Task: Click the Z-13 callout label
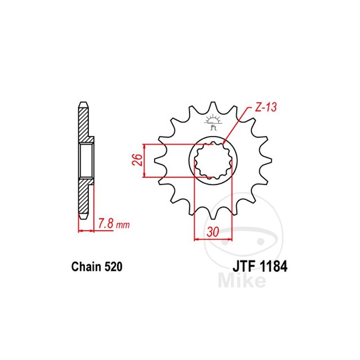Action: (x=266, y=107)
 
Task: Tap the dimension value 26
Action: (x=137, y=160)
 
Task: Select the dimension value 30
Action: (x=213, y=232)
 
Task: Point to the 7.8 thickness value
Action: (x=106, y=223)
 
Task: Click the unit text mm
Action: (x=123, y=225)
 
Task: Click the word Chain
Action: (x=86, y=267)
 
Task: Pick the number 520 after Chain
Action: (x=113, y=267)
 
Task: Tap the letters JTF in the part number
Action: (x=244, y=267)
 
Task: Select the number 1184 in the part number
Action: (x=274, y=267)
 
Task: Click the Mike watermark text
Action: (x=242, y=280)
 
